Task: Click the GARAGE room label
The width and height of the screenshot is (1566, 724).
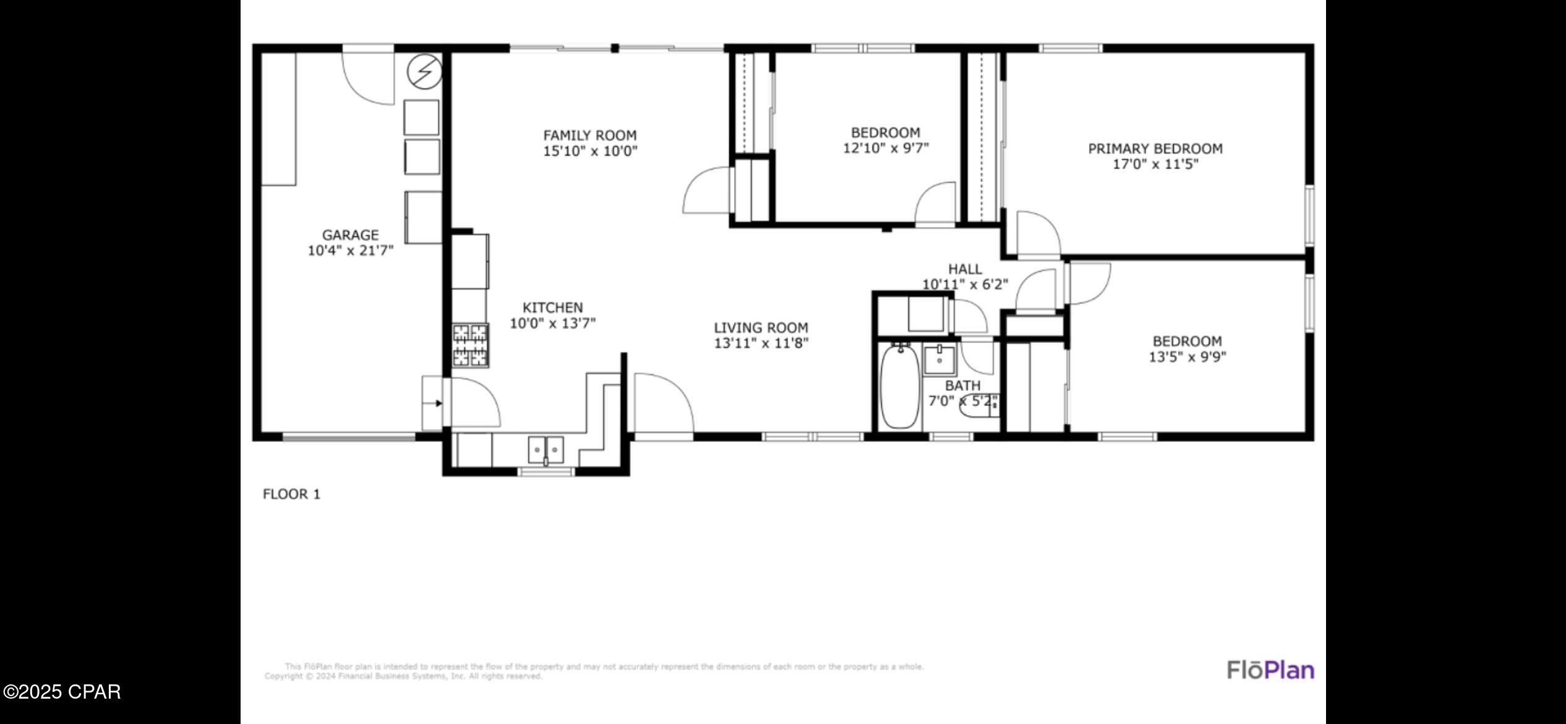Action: click(350, 235)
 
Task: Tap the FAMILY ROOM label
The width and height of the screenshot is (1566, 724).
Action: click(589, 136)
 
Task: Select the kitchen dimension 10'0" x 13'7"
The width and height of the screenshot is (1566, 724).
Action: click(552, 323)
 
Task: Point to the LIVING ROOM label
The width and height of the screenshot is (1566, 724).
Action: click(761, 328)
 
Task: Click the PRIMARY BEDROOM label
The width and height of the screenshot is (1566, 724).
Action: click(1155, 149)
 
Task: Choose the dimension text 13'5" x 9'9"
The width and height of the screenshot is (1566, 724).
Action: click(1187, 357)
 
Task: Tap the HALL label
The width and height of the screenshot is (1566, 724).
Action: click(965, 269)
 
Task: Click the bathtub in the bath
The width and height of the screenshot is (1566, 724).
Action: click(900, 388)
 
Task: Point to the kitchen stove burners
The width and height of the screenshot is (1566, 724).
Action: click(470, 345)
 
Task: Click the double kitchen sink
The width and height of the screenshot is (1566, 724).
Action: click(546, 450)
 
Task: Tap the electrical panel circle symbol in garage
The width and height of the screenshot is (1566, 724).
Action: click(424, 72)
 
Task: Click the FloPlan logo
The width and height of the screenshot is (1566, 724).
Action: click(1270, 670)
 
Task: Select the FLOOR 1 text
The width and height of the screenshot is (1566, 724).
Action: click(291, 494)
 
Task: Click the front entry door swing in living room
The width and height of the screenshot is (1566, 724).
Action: click(662, 402)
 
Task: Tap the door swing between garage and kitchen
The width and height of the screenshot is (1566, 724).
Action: click(473, 402)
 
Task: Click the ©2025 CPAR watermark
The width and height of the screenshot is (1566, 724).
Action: click(62, 691)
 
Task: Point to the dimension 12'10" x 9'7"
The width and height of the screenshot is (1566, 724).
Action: click(886, 149)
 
